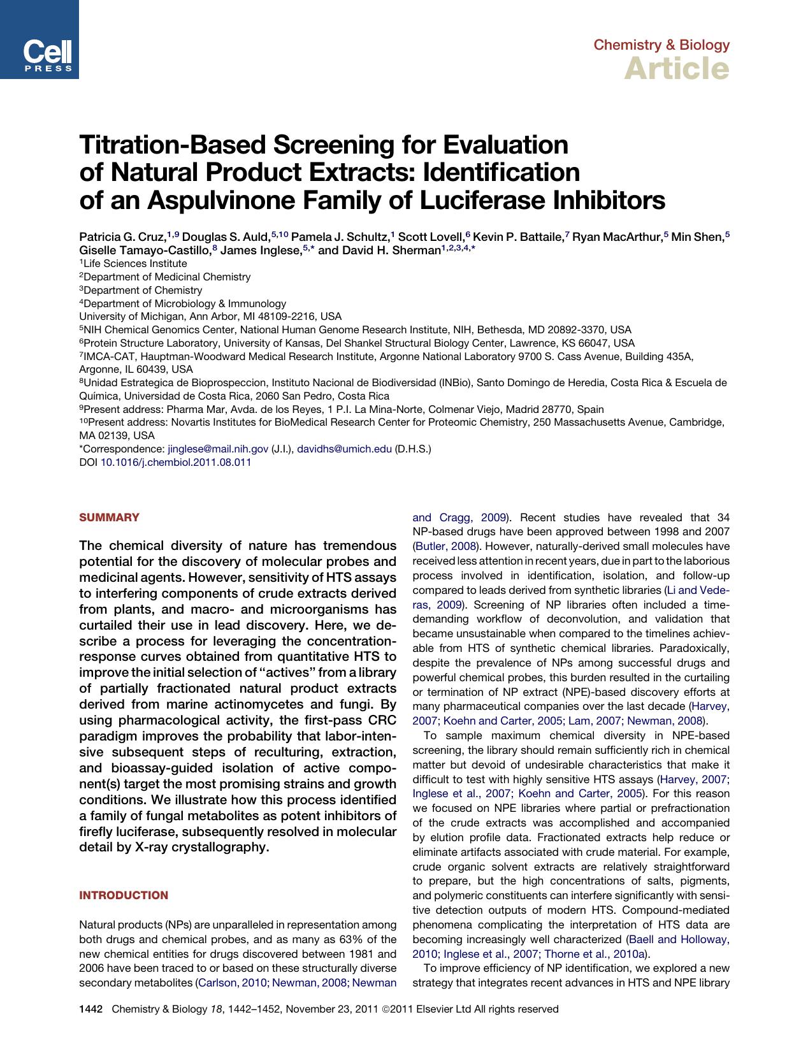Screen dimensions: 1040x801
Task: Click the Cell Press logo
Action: (40, 40)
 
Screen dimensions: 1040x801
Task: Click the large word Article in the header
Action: (676, 68)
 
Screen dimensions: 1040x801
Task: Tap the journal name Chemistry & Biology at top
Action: (661, 45)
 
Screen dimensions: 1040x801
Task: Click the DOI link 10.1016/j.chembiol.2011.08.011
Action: (176, 463)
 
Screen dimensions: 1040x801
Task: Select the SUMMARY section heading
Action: (108, 517)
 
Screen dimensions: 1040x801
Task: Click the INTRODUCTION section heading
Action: (124, 895)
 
